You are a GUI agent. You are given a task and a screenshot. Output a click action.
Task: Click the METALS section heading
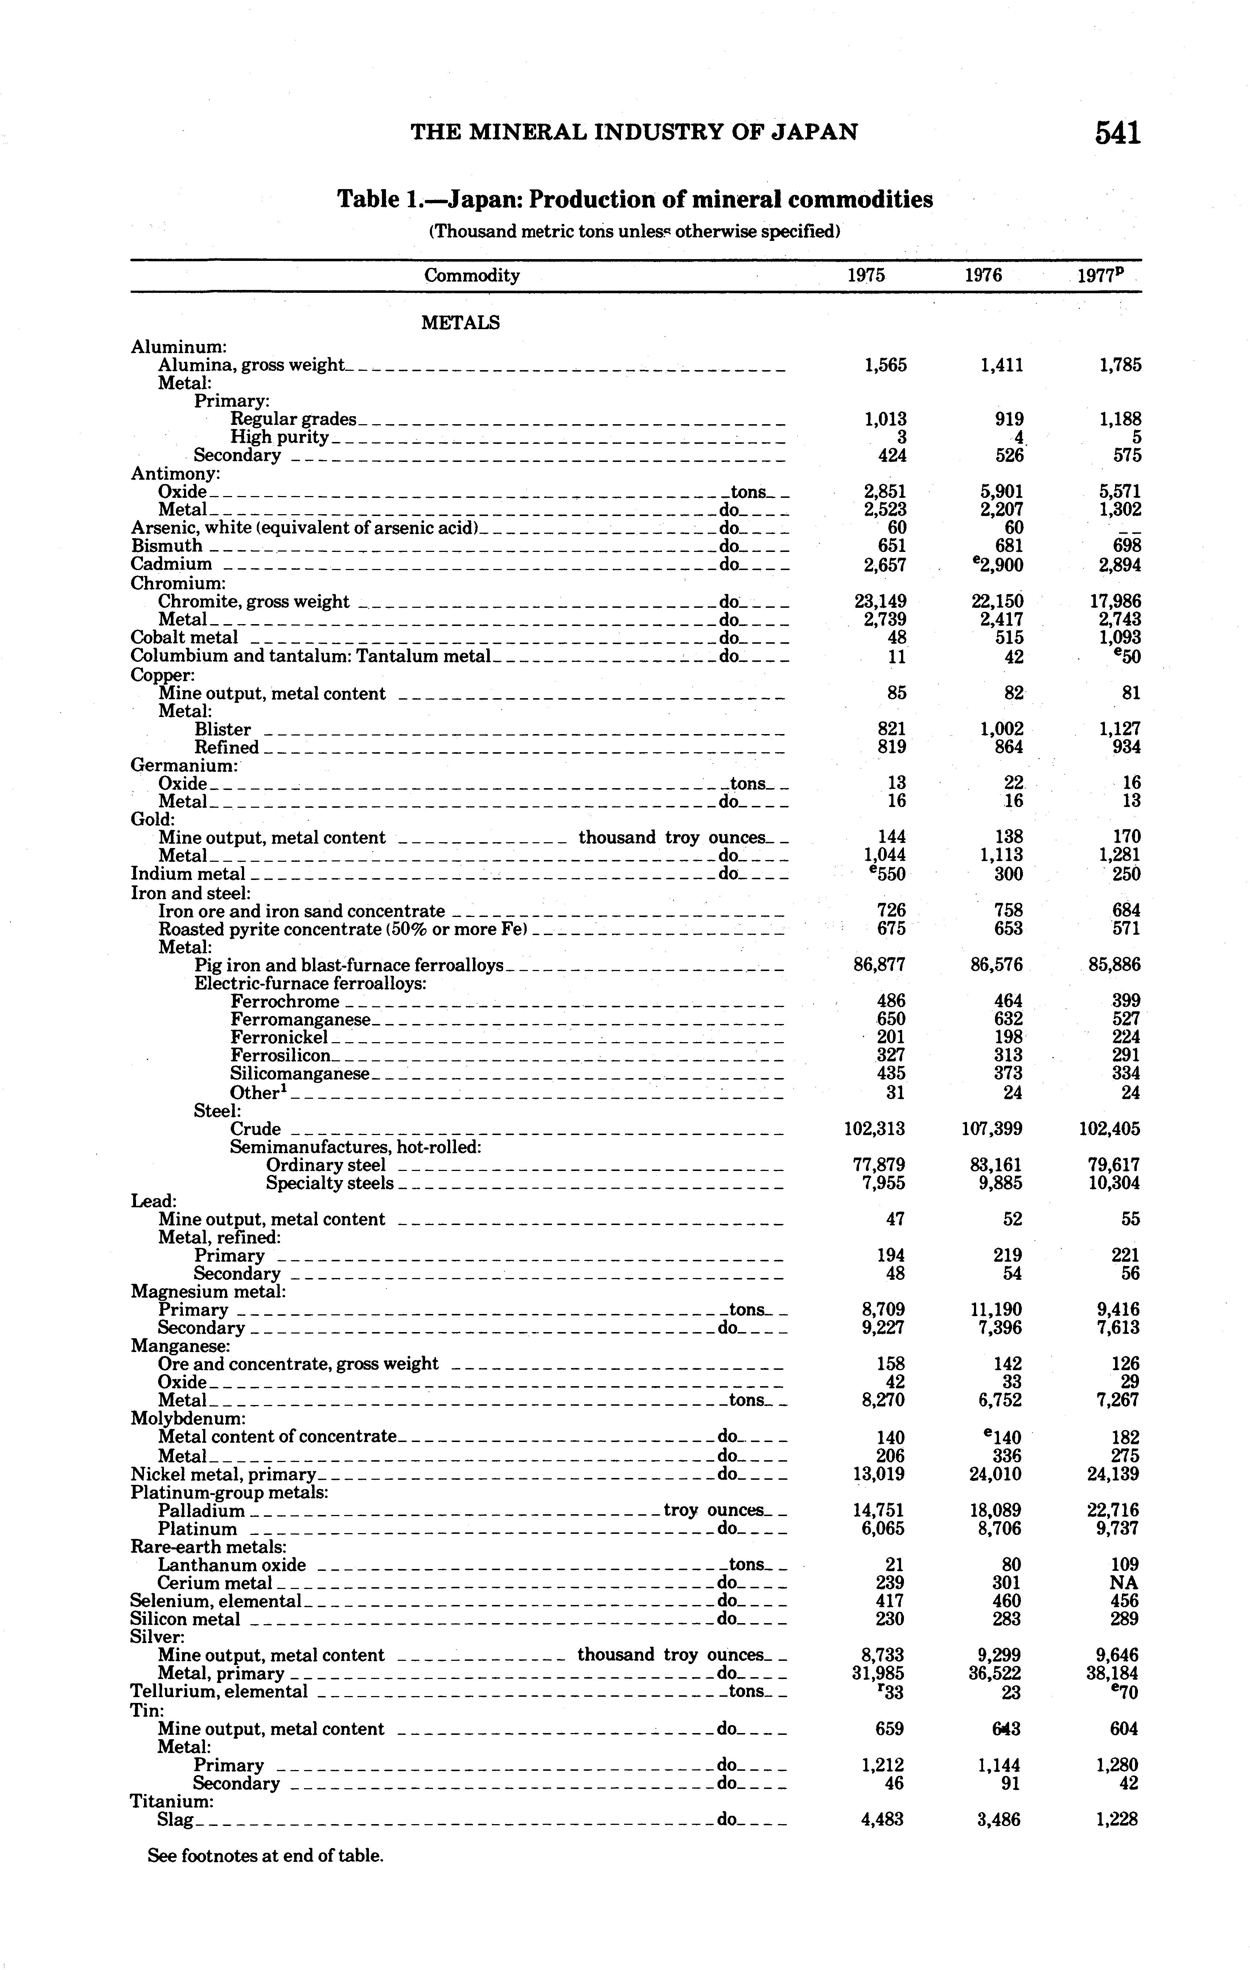pos(460,323)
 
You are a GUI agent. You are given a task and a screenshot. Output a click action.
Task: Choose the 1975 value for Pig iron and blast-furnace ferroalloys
pos(879,965)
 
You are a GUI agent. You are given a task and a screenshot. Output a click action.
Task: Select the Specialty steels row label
pos(330,1183)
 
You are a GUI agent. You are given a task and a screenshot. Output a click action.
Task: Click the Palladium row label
pos(201,1510)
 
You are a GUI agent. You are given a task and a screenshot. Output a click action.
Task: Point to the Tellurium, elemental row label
pos(219,1691)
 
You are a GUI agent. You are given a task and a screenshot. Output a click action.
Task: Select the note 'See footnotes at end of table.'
pos(265,1855)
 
